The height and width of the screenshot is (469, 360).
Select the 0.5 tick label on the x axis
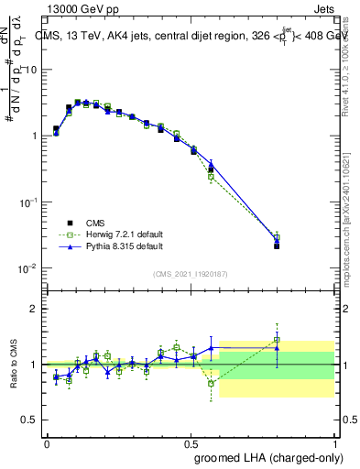(191, 442)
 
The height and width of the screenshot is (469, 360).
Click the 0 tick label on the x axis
(47, 442)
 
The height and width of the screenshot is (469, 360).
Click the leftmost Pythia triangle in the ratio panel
(56, 376)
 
